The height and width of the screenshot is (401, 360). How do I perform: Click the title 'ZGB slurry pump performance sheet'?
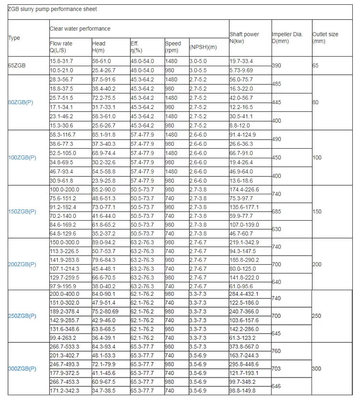tap(52, 9)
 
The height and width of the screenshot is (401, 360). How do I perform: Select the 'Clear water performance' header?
tap(80, 29)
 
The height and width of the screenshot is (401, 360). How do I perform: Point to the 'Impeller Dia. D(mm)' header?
tap(287, 38)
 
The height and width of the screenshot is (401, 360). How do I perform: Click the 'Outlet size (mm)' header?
tap(325, 38)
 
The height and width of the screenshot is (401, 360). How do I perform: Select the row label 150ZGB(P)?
tap(24, 212)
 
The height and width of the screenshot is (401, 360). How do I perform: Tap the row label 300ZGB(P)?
tap(24, 368)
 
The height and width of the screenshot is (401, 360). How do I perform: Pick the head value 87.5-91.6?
tap(104, 80)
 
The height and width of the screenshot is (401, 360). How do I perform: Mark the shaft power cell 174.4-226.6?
tap(244, 189)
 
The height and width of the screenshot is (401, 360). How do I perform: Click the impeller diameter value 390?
tap(276, 65)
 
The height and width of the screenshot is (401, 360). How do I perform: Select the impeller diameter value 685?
tap(276, 212)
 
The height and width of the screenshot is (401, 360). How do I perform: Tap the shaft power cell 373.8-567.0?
tap(244, 347)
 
